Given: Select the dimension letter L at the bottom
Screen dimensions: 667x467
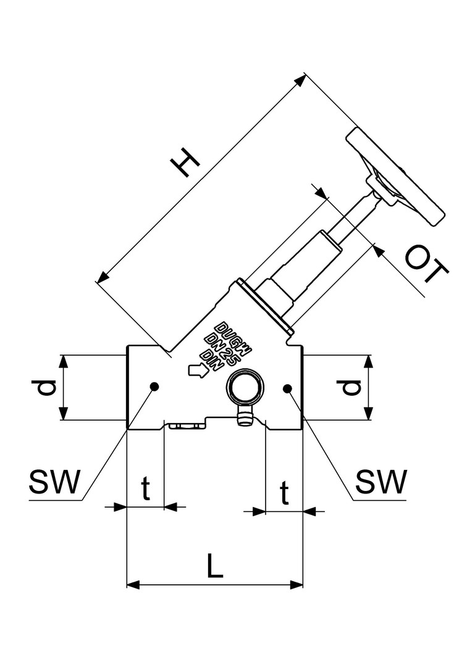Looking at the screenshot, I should click(214, 566).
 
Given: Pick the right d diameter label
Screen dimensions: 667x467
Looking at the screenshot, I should click(350, 387).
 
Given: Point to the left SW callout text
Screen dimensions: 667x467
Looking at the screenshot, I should click(54, 482).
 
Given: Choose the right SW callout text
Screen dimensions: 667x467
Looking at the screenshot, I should click(382, 482).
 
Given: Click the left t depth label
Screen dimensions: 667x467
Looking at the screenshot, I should click(145, 490).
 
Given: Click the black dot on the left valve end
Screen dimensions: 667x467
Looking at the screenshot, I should click(154, 387).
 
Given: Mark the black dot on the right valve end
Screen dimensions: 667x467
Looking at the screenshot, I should click(287, 387).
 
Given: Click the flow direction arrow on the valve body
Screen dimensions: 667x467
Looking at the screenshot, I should click(197, 370).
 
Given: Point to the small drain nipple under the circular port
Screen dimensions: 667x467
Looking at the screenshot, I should click(244, 418).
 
